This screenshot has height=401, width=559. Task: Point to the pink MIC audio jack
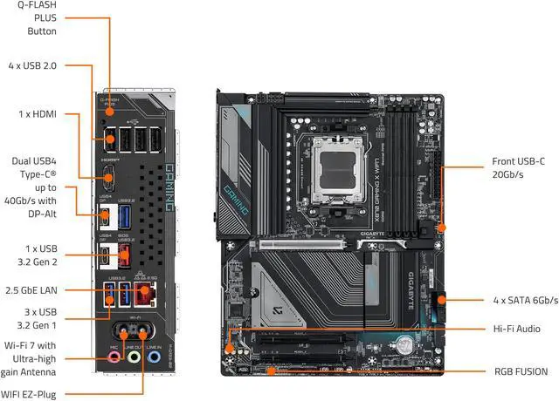pyautogui.click(x=114, y=357)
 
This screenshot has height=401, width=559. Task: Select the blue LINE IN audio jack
pyautogui.click(x=154, y=357)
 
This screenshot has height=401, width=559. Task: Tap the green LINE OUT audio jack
pyautogui.click(x=134, y=357)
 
